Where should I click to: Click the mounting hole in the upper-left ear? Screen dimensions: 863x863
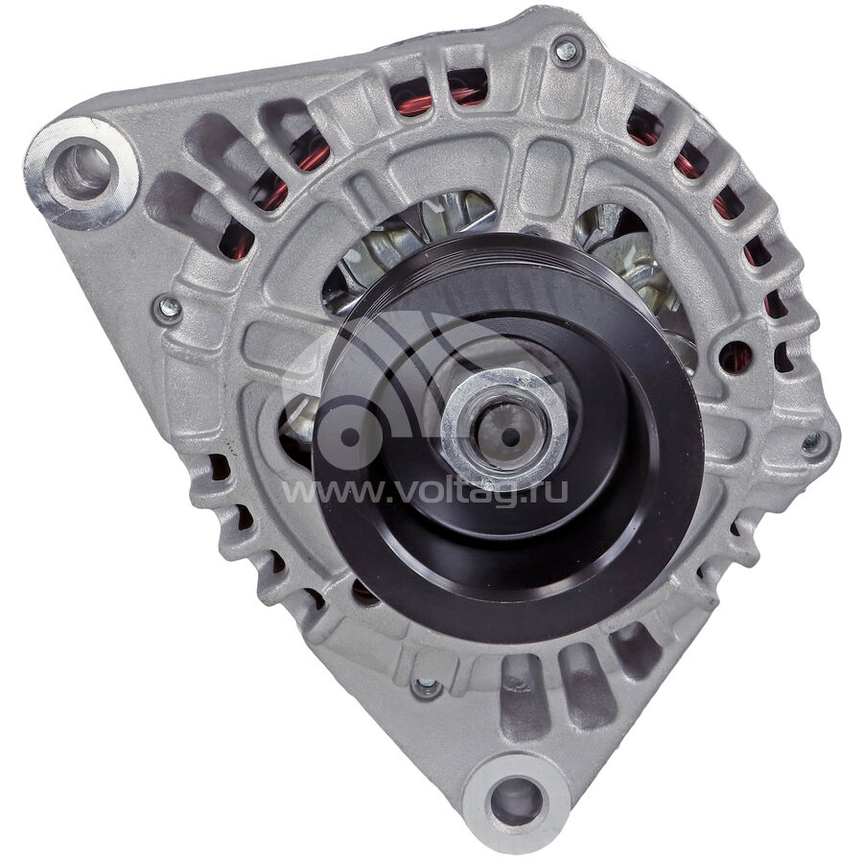82,169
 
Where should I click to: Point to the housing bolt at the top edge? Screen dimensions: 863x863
567,52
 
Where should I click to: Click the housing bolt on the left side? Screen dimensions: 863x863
169,309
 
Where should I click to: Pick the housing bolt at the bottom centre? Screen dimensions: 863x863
427,687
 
